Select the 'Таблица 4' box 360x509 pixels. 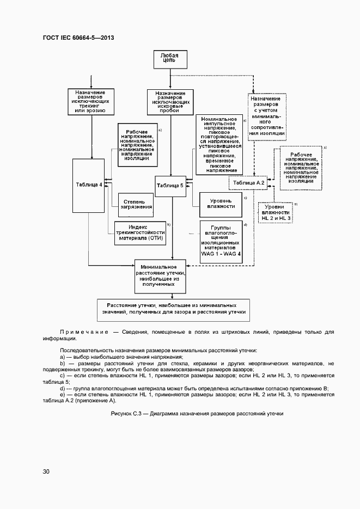(89, 185)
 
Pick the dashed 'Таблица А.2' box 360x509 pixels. (248, 183)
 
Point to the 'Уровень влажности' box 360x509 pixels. (221, 204)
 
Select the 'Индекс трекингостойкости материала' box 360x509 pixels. (139, 231)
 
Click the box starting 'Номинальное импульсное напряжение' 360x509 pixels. (218, 144)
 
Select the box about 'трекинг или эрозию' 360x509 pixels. (90, 102)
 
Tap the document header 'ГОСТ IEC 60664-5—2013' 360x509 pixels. (78, 38)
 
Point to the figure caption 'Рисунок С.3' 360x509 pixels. (197, 414)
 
